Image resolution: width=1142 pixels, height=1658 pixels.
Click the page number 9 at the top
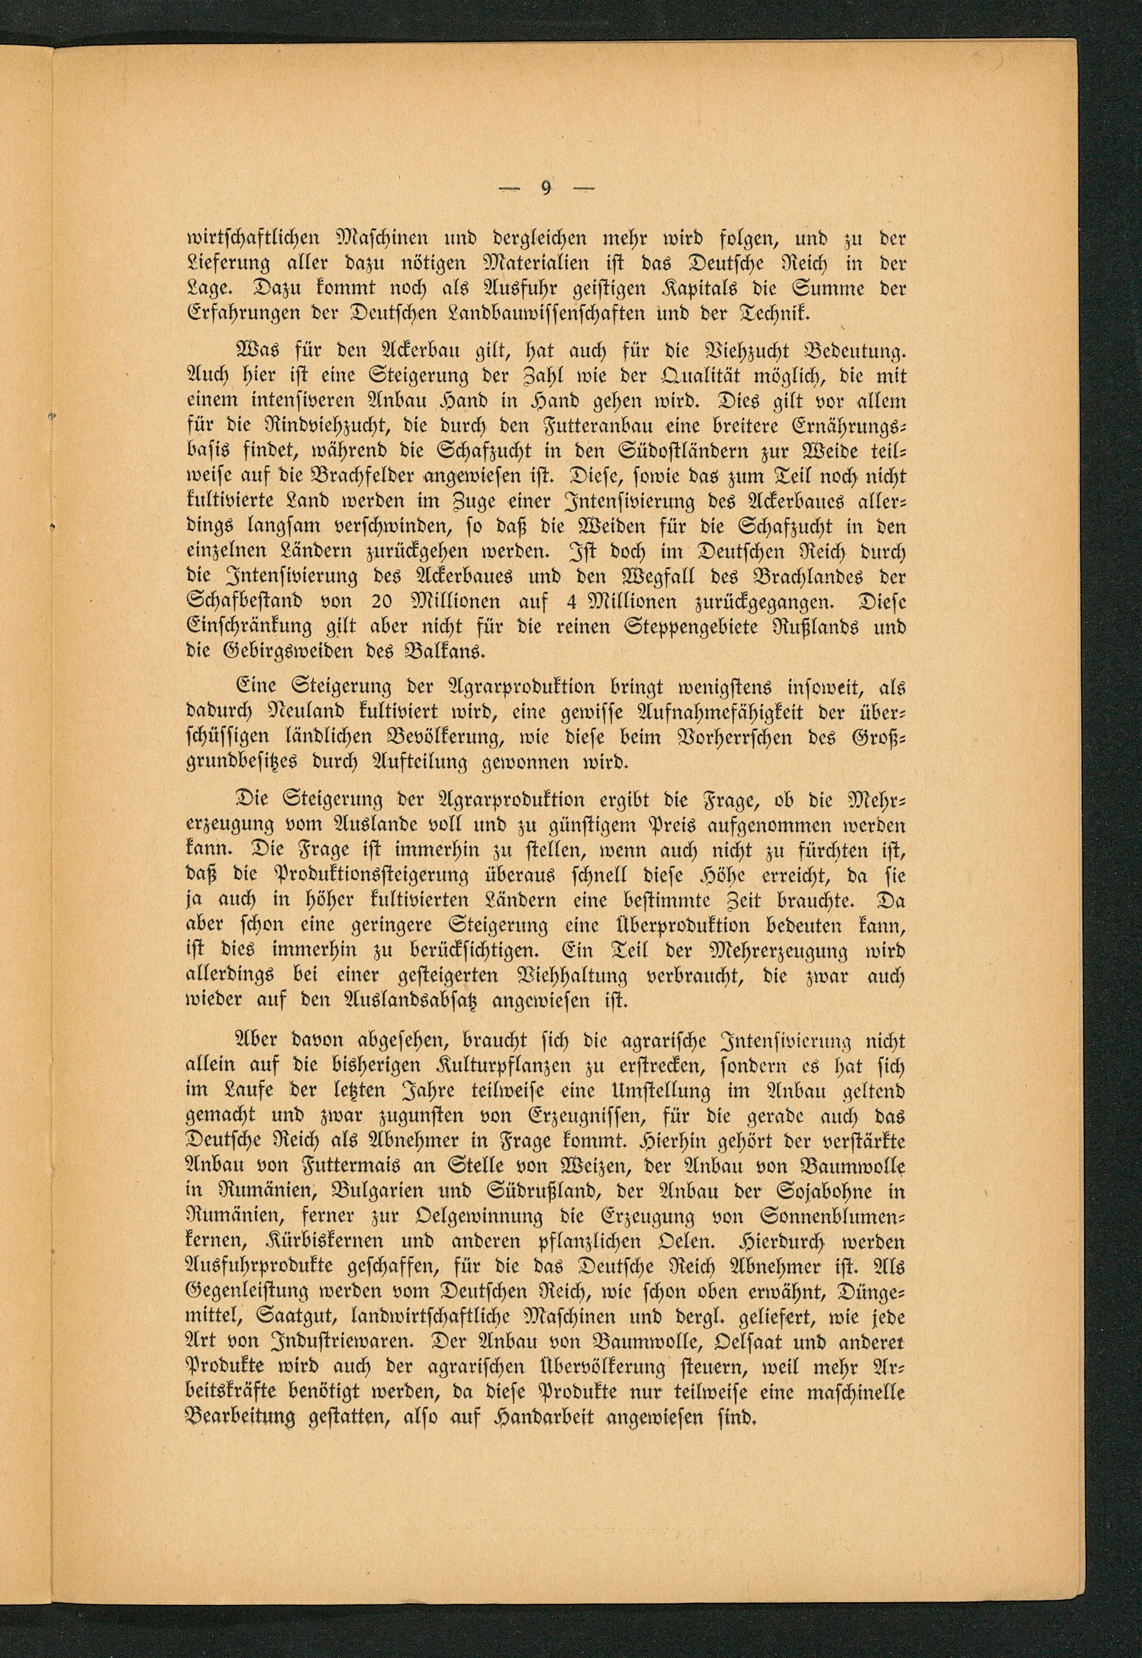[546, 188]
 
